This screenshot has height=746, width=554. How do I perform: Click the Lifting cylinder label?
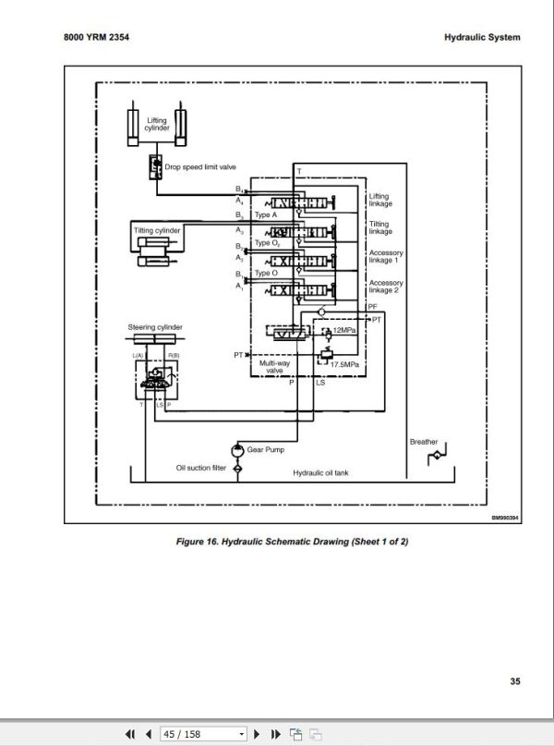point(157,124)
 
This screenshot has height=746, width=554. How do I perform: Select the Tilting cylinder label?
point(156,229)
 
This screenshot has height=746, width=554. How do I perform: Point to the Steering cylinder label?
point(155,327)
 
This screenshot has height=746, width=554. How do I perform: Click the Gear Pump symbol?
point(238,449)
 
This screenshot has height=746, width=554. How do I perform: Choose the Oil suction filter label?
point(200,468)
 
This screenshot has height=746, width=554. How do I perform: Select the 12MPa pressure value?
point(345,330)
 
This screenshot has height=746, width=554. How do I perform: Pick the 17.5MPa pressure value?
point(344,363)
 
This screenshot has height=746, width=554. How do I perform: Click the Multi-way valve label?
point(274,367)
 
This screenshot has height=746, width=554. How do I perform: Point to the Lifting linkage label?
point(379,200)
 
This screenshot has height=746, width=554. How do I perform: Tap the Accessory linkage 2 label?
point(385,287)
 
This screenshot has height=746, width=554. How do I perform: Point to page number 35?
point(514,682)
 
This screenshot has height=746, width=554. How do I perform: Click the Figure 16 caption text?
point(291,542)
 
